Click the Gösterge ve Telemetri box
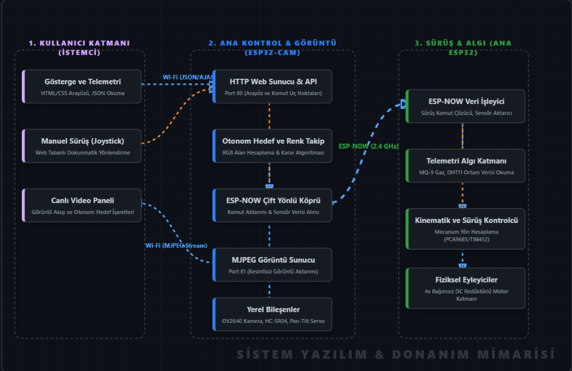[x=82, y=87]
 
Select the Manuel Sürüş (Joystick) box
[x=82, y=146]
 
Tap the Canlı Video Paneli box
[x=82, y=206]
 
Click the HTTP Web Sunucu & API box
[x=273, y=87]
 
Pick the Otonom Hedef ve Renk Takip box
[x=273, y=146]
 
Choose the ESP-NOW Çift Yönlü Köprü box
[x=273, y=206]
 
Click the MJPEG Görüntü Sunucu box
[x=273, y=265]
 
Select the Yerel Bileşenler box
[x=273, y=315]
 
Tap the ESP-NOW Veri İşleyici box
[x=465, y=106]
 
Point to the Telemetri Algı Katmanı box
[x=465, y=165]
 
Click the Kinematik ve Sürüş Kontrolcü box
[x=465, y=229]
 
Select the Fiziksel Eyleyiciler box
[x=465, y=288]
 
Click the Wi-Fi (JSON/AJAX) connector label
[x=188, y=77]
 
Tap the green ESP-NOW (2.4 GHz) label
[x=369, y=146]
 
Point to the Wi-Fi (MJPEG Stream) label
[x=176, y=245]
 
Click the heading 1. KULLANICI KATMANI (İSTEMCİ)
[x=79, y=47]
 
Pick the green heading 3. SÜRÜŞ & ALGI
[x=463, y=47]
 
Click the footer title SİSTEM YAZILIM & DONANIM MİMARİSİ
[x=396, y=354]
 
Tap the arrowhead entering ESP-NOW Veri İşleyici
[x=403, y=104]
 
